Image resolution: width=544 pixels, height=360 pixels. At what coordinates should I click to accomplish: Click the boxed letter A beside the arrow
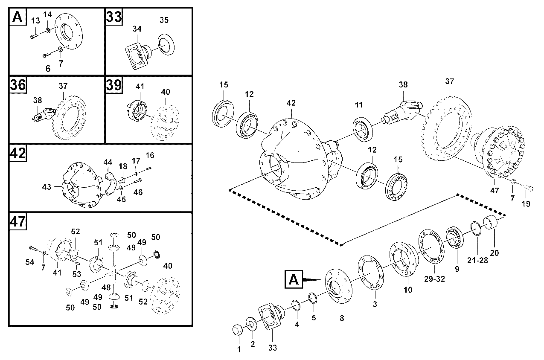pos(294,279)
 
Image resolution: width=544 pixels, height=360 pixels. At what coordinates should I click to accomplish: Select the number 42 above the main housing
pos(291,103)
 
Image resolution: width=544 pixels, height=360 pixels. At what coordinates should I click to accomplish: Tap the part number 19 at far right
pos(526,204)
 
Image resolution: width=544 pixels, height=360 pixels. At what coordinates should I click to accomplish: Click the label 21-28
pos(477,260)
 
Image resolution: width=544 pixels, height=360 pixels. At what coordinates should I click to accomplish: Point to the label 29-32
pos(434,279)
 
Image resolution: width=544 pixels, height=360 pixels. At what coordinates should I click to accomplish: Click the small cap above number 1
pos(238,330)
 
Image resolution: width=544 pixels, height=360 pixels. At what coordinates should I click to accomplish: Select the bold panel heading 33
pos(114,17)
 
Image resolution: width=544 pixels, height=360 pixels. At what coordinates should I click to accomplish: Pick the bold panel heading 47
pos(18,221)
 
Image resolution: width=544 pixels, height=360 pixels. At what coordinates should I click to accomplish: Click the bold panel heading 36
pos(18,85)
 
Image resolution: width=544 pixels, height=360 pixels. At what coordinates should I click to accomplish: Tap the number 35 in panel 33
pos(164,20)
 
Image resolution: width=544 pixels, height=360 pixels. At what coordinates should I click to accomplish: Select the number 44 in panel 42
pos(108,162)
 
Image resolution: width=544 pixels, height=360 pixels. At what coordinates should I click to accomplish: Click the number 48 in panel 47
pos(106,287)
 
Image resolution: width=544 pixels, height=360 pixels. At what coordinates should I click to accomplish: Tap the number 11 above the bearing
pos(359,105)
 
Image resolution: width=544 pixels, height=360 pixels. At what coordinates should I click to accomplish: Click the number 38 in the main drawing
pos(403,84)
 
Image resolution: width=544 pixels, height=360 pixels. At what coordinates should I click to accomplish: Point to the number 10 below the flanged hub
pos(408,290)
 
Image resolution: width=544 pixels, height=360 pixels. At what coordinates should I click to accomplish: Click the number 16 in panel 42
pos(150,155)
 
